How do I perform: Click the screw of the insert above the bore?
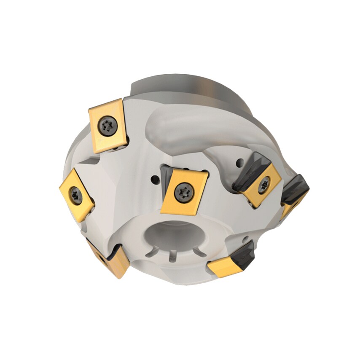(x=184, y=192)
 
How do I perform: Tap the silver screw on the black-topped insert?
(x=264, y=184)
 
